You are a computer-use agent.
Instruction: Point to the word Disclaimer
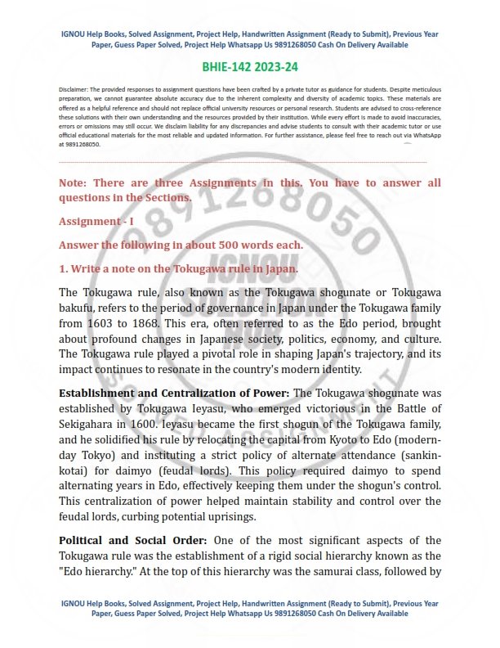tap(76, 87)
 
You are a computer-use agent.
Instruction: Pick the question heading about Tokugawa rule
tap(178, 268)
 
